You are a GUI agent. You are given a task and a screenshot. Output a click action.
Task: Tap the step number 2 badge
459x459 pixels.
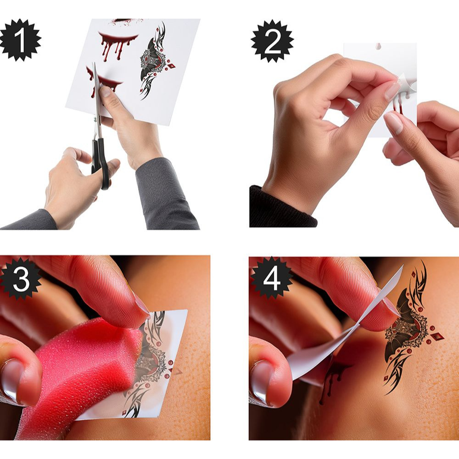pyautogui.click(x=271, y=40)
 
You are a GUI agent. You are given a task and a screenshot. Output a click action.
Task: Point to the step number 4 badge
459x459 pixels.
pyautogui.click(x=271, y=279)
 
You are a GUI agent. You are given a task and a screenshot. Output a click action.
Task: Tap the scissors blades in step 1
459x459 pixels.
pyautogui.click(x=97, y=95)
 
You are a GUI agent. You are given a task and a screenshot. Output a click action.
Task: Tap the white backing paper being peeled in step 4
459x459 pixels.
pyautogui.click(x=333, y=351)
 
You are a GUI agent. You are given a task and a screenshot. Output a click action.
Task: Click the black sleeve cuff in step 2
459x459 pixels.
pyautogui.click(x=280, y=208)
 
